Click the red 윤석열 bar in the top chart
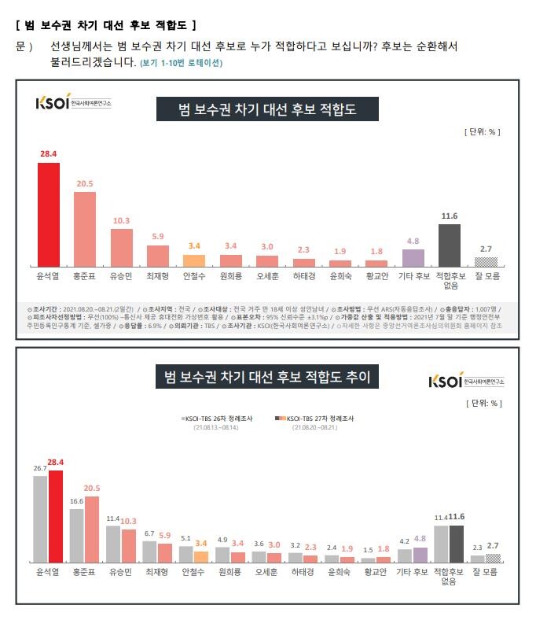pos(49,214)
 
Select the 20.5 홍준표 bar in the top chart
pos(85,229)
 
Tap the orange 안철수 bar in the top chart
pos(194,260)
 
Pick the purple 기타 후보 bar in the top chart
pos(413,257)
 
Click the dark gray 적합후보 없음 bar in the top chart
pos(450,245)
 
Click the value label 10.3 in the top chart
pos(121,221)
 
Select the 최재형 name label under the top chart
pos(158,276)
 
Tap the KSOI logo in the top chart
pos(73,103)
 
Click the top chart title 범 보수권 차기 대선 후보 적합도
pos(267,110)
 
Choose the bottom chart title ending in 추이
pos(267,378)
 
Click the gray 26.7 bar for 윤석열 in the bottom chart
pos(41,519)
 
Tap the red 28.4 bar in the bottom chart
pos(56,515)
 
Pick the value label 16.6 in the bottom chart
pos(77,501)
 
